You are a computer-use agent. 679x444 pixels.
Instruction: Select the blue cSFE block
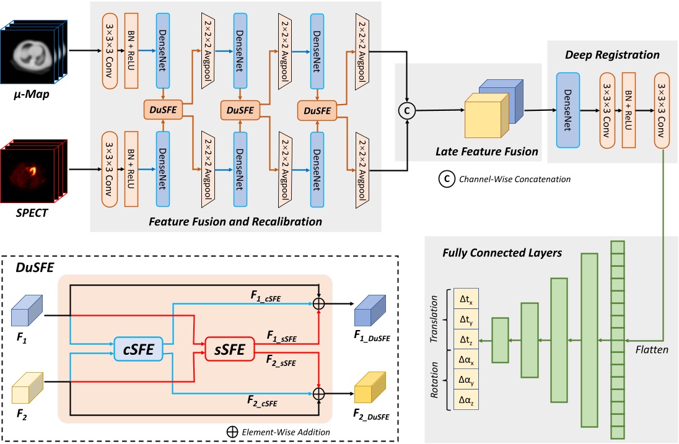[x=138, y=348]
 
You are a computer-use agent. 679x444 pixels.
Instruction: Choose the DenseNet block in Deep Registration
[x=567, y=110]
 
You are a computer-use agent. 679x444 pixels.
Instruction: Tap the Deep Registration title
[x=612, y=55]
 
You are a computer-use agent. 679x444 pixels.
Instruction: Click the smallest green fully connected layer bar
[x=500, y=339]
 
